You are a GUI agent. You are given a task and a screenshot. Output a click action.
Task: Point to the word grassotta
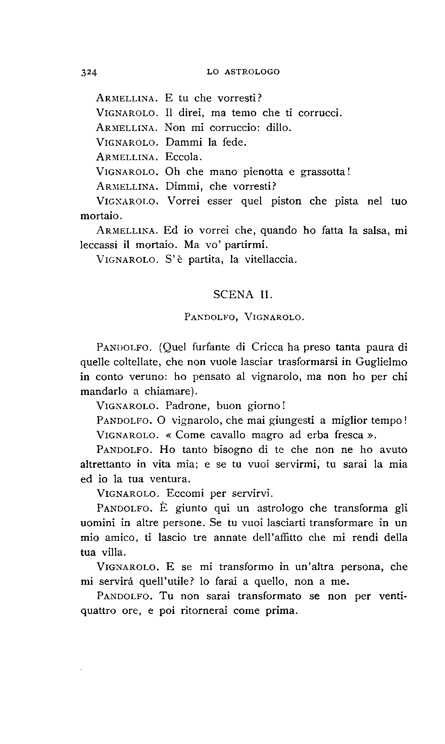[x=322, y=172]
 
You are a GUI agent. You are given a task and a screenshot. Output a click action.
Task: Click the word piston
[x=287, y=201]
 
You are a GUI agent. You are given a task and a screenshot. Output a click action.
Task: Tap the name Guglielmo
[x=382, y=361]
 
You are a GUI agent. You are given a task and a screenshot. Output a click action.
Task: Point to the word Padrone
[x=188, y=406]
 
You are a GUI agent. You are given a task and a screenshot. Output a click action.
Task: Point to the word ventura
[x=162, y=479]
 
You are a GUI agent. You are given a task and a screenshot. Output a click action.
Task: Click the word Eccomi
[x=185, y=494]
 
